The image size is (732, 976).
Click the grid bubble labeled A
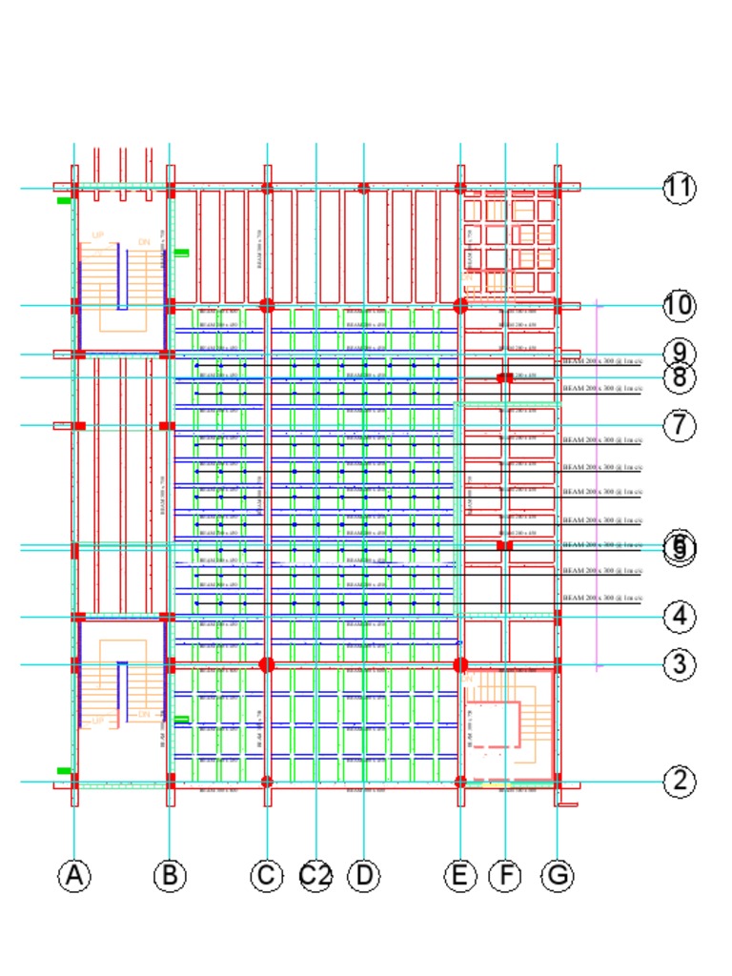[74, 875]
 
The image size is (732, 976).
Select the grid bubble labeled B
[170, 875]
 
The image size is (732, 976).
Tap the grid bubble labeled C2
[315, 875]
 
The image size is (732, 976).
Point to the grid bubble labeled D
[363, 875]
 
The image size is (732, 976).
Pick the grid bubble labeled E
[460, 875]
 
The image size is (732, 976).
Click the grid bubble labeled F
[505, 875]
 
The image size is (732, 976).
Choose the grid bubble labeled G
[558, 875]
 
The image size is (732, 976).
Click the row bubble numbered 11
[679, 188]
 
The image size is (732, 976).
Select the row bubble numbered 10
[679, 306]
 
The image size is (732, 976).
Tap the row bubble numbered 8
[679, 377]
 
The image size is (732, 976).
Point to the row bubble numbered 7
[679, 425]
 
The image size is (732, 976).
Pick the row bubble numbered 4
[679, 617]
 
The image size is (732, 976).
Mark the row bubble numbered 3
[679, 664]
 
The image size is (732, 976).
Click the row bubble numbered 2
[679, 782]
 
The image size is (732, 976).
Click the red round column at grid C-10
[267, 306]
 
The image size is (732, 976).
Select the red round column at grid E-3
[460, 664]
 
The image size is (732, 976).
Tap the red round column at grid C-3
[267, 664]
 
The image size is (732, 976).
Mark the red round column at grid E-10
[460, 306]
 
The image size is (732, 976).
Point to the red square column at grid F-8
[505, 378]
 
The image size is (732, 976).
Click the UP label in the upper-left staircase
[98, 235]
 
